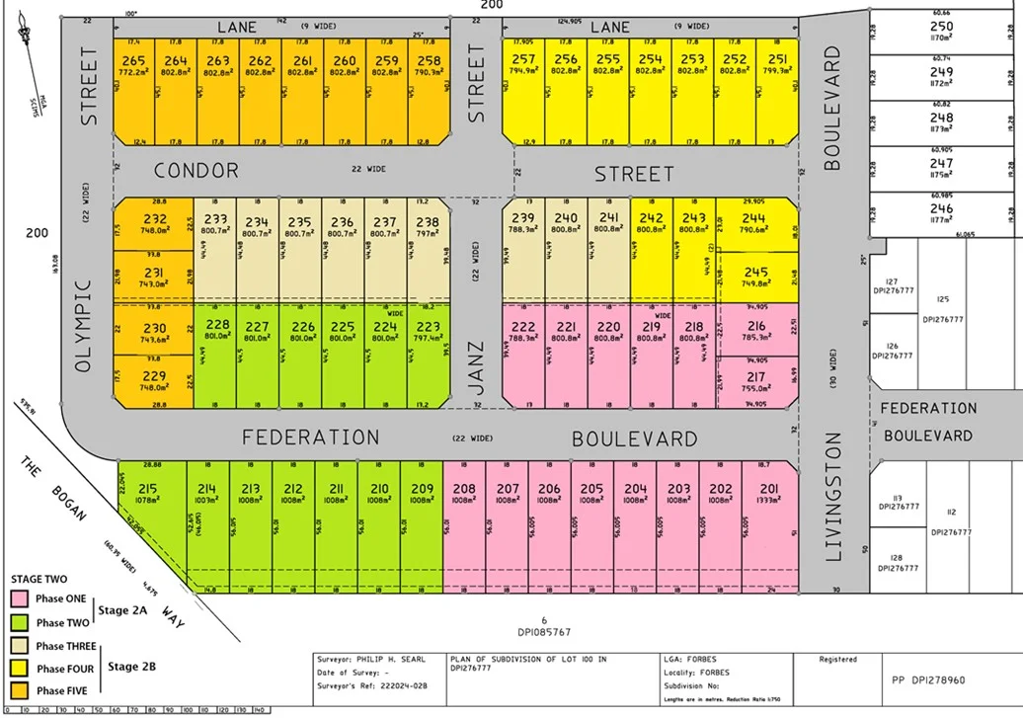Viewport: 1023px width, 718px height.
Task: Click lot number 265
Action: point(133,61)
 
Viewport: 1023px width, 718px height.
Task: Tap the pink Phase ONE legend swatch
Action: point(20,599)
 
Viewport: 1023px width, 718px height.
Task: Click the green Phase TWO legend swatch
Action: point(20,623)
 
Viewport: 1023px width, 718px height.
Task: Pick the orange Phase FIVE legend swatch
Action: point(20,690)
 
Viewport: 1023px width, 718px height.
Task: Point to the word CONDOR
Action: point(196,171)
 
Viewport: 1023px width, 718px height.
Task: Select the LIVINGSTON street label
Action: point(832,497)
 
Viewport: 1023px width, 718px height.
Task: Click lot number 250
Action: point(941,27)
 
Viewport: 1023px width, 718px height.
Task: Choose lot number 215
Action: point(148,488)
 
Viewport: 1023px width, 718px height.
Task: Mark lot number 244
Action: point(753,219)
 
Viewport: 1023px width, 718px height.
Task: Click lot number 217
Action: point(755,377)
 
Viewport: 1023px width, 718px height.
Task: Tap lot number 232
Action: point(154,219)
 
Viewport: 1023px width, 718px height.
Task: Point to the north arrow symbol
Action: point(30,49)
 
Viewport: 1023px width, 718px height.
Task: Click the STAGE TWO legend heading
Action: point(39,579)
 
